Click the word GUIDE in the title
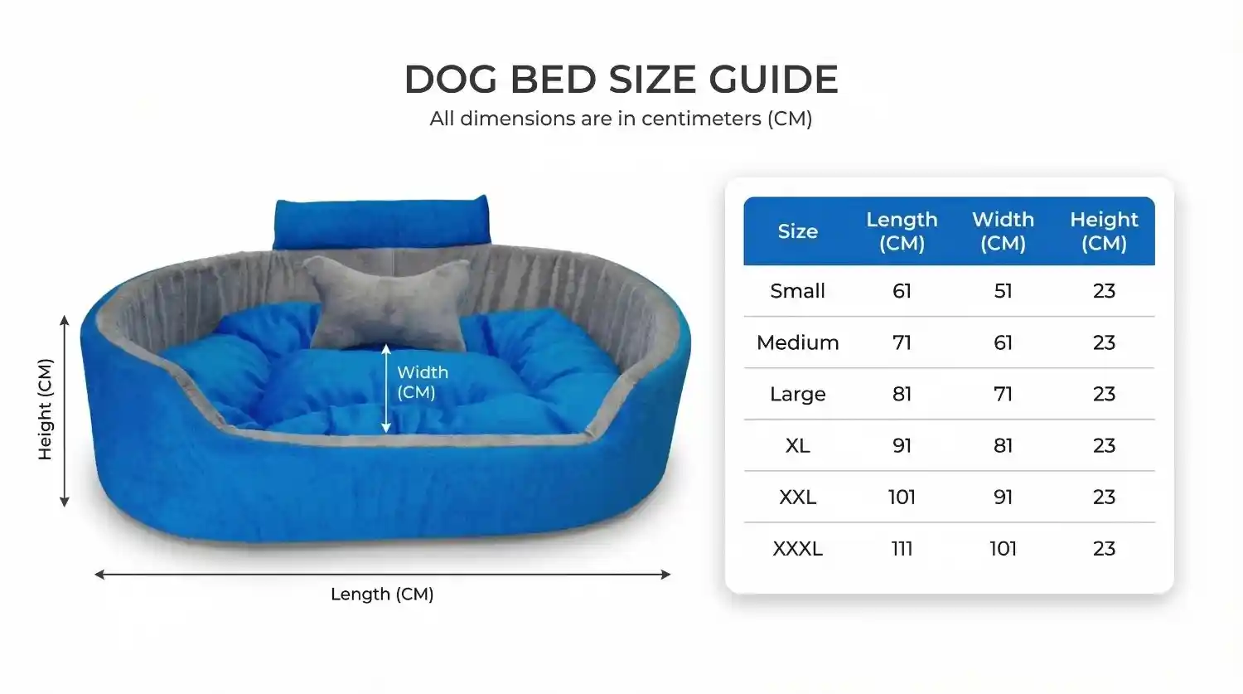tap(773, 79)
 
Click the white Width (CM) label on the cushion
tap(423, 382)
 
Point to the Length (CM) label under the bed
tap(382, 594)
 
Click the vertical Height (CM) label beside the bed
tap(45, 410)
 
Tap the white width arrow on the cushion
tap(386, 389)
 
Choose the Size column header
tap(797, 231)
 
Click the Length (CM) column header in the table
tap(902, 231)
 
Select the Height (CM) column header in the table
tap(1104, 231)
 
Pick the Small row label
tap(797, 291)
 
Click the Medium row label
tap(797, 342)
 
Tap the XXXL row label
tap(797, 549)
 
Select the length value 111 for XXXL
tap(902, 549)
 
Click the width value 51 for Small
tap(1003, 291)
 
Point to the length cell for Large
tap(902, 394)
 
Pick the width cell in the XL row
tap(1003, 445)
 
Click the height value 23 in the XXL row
tap(1104, 497)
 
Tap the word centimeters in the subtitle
tap(699, 119)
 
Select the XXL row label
tap(797, 497)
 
